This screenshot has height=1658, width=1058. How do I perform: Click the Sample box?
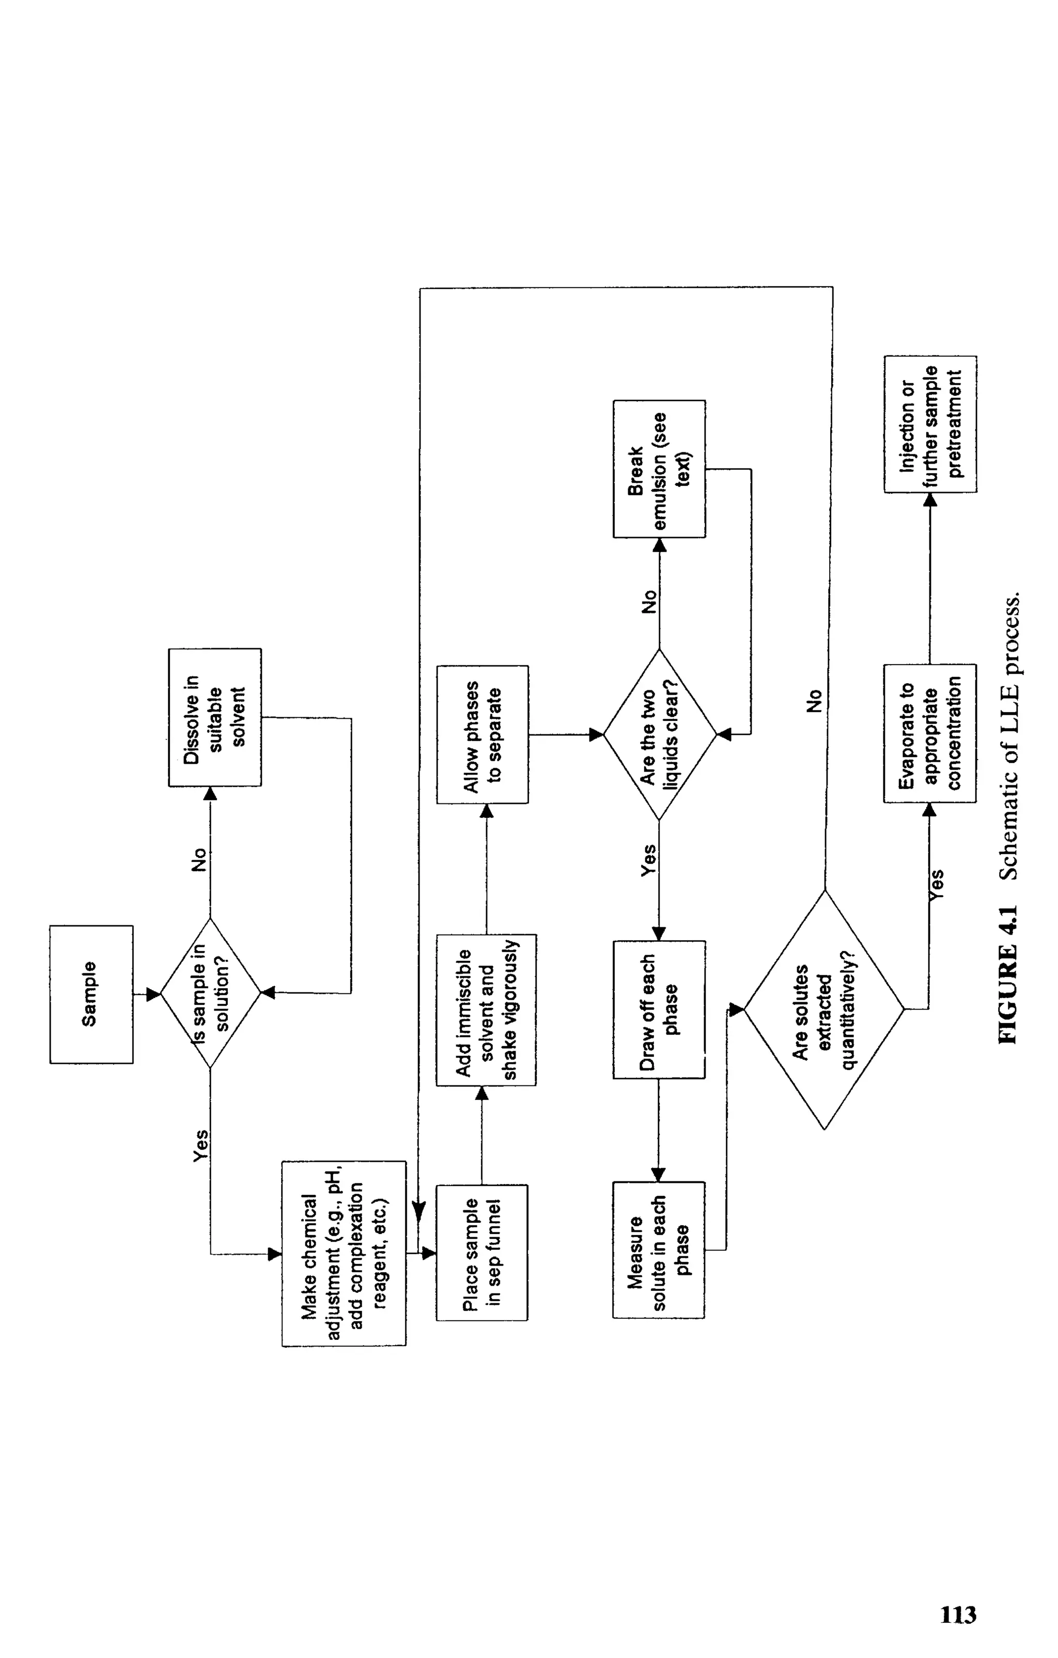click(x=91, y=994)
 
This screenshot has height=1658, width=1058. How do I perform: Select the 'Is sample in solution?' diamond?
click(x=211, y=993)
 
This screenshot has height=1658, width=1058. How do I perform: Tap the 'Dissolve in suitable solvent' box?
click(x=214, y=717)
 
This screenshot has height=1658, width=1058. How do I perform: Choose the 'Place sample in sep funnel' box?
click(x=481, y=1253)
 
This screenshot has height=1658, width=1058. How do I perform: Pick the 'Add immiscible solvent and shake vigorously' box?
click(x=486, y=1009)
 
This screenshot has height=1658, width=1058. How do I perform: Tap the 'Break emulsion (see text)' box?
click(x=659, y=468)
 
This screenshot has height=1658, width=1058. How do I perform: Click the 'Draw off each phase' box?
click(x=659, y=1009)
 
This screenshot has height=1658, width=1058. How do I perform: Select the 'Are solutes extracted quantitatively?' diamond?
click(x=824, y=1009)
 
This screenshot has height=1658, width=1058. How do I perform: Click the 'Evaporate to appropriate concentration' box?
click(x=930, y=733)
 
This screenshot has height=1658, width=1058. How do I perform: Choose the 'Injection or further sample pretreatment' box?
click(x=930, y=423)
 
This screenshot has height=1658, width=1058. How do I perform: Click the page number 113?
click(x=958, y=1615)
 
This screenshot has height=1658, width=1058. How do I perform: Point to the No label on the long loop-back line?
click(x=814, y=700)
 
